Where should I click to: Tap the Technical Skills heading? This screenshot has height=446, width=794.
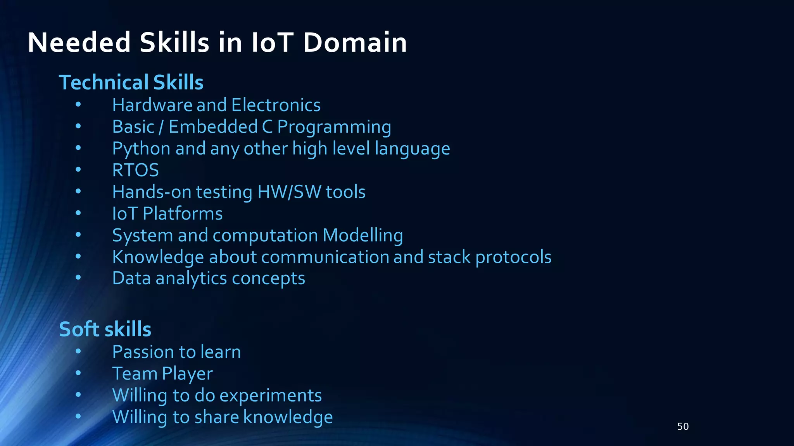coord(131,82)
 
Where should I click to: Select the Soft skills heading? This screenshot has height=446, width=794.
coord(105,329)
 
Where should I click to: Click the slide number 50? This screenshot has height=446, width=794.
coord(683,427)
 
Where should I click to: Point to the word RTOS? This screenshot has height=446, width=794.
coord(135,170)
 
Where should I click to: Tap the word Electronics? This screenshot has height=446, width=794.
coord(276,105)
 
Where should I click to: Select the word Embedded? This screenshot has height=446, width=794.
coord(213,127)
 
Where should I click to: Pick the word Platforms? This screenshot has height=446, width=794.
coord(183,214)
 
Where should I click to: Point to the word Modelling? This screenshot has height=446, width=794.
coord(362,235)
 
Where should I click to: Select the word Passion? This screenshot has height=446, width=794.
coord(142,352)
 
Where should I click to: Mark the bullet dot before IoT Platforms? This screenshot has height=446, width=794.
coord(78,213)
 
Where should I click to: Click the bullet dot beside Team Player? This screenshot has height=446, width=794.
coord(78,373)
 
